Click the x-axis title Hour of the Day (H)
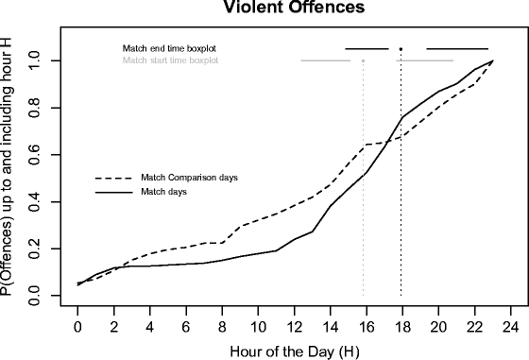point(294,351)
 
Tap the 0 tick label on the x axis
point(77,327)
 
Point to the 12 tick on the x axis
point(295,327)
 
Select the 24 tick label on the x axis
point(511,327)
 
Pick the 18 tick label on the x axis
point(402,327)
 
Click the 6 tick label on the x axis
point(186,327)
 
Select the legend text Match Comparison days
point(188,178)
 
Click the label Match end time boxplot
point(176,48)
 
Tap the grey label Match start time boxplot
point(171,60)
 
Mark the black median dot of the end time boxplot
point(401,48)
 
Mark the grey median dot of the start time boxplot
point(363,61)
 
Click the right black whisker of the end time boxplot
point(457,48)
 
